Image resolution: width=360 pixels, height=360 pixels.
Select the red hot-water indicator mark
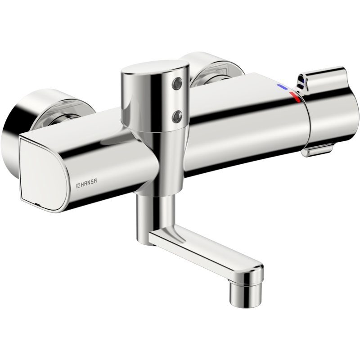(x=295, y=97)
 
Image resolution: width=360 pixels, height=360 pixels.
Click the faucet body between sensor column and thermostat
(x=238, y=117)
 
